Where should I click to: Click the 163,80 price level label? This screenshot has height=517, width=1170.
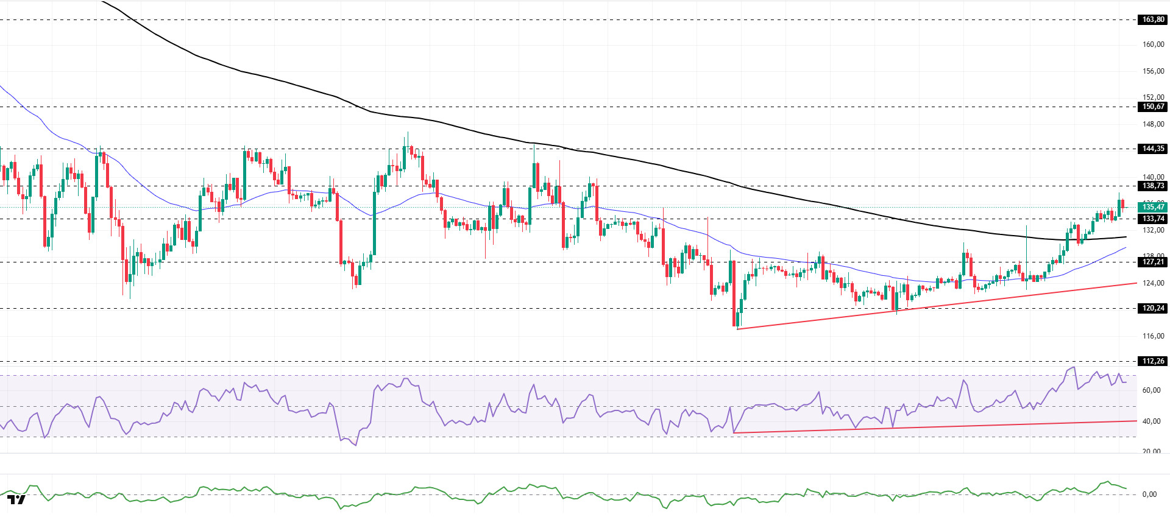pyautogui.click(x=1152, y=19)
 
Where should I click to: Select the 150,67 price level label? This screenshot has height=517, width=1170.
pyautogui.click(x=1152, y=107)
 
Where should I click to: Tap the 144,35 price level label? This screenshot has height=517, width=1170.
pyautogui.click(x=1152, y=149)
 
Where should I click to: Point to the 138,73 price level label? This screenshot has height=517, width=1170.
pyautogui.click(x=1152, y=186)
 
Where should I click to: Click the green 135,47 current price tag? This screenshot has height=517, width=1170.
pyautogui.click(x=1152, y=207)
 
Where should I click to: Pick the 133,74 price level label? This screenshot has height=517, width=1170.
pyautogui.click(x=1152, y=219)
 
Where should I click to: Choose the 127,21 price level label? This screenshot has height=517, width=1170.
pyautogui.click(x=1152, y=262)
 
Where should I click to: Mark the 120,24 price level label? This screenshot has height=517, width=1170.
pyautogui.click(x=1152, y=308)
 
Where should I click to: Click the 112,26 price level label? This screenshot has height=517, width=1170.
pyautogui.click(x=1152, y=361)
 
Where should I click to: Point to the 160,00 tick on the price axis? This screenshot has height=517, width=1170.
pyautogui.click(x=1153, y=44)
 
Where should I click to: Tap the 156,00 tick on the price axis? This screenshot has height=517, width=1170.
pyautogui.click(x=1153, y=71)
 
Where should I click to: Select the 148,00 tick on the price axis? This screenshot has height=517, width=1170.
pyautogui.click(x=1153, y=124)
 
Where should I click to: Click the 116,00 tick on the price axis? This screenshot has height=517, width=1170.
pyautogui.click(x=1153, y=336)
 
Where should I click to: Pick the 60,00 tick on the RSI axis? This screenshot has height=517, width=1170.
pyautogui.click(x=1151, y=390)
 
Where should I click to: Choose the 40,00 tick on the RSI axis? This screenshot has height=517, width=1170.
pyautogui.click(x=1151, y=421)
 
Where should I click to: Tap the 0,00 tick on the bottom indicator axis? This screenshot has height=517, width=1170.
pyautogui.click(x=1149, y=494)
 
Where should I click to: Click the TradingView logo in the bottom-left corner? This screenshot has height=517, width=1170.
pyautogui.click(x=17, y=500)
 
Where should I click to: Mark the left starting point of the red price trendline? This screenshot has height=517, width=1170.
pyautogui.click(x=737, y=329)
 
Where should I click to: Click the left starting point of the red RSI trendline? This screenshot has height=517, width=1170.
pyautogui.click(x=734, y=433)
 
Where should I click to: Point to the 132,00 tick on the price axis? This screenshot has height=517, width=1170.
pyautogui.click(x=1153, y=230)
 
